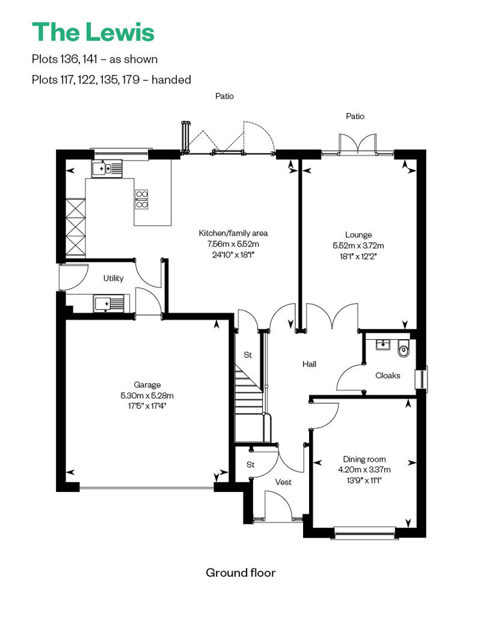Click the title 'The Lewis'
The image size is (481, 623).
point(93,32)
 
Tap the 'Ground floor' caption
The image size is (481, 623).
point(240,572)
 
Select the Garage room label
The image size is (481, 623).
point(147,385)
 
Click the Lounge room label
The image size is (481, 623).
point(358,235)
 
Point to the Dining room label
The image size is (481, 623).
point(364,459)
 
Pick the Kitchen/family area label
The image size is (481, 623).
point(233,233)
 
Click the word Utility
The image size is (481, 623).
point(113,278)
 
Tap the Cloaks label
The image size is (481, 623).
point(388,375)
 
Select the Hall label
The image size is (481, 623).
point(309,364)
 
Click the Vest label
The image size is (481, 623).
point(283,482)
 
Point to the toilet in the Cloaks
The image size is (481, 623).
point(403,348)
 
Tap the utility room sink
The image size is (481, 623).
point(109,304)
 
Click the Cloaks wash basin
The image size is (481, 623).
point(382,345)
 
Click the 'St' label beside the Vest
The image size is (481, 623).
point(250,464)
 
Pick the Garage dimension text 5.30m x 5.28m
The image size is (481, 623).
point(147,396)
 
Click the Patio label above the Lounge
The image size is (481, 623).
point(355,116)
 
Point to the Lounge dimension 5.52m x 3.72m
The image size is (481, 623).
point(358,245)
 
